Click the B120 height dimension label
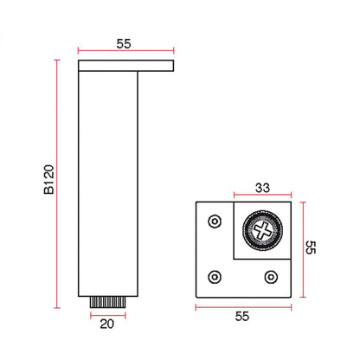pos(49,179)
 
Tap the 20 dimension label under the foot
pos(107,324)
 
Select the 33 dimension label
pos(262,188)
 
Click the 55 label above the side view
pos(124,43)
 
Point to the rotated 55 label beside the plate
pos(311,247)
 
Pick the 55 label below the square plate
pos(242,317)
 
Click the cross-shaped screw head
pos(262,230)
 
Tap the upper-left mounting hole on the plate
pos(215,222)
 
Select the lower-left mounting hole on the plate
pos(215,277)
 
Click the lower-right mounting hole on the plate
pos(271,277)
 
